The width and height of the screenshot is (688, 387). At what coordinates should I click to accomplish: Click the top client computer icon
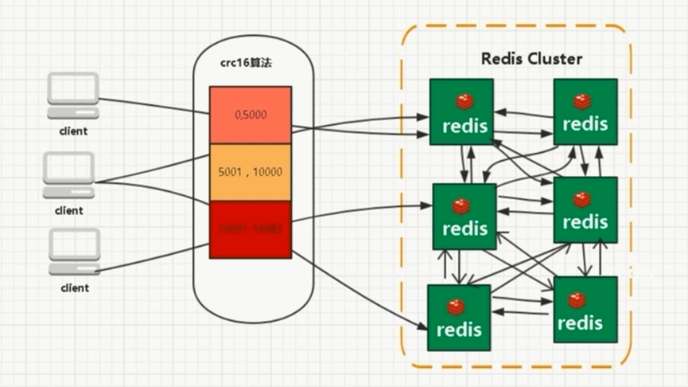73,95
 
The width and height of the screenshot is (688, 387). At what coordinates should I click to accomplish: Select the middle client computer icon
68,175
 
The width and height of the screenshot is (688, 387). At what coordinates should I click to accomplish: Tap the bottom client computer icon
74,252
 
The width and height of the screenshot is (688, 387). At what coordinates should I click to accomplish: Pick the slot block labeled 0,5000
251,115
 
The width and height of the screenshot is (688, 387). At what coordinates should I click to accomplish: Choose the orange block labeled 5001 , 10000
251,172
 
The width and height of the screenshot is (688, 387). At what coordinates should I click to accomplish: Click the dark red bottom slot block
251,229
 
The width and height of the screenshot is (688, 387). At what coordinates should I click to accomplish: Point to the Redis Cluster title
531,59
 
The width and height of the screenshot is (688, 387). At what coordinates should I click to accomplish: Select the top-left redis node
461,111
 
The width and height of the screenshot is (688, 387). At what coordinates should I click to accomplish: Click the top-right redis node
585,111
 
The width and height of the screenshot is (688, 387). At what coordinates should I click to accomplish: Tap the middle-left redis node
464,217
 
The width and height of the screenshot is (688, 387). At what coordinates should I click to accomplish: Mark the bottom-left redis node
459,316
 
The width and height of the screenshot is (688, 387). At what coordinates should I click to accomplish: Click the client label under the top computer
72,131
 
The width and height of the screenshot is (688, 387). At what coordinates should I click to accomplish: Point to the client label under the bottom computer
74,287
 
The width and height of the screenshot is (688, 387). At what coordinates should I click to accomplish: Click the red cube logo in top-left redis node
464,101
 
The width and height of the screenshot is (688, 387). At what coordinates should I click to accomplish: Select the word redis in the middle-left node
464,229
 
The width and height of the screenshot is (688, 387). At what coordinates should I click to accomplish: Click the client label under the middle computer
69,211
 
